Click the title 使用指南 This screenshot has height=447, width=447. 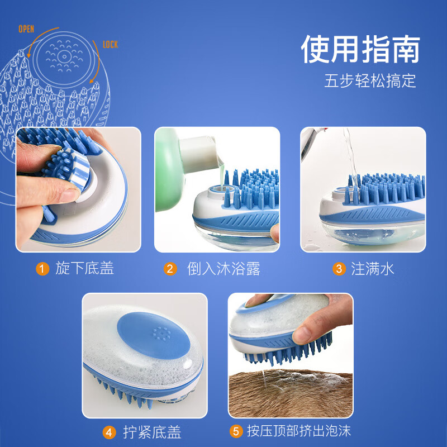(x=360, y=51)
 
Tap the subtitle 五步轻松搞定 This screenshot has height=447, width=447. (x=370, y=81)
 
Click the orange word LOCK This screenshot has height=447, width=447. (x=110, y=44)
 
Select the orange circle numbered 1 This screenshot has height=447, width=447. (x=42, y=269)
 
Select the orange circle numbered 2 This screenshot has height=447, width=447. (x=170, y=269)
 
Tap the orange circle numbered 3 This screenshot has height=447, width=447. (x=339, y=269)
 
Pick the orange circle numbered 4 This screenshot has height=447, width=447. (x=109, y=432)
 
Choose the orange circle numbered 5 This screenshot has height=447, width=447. (x=236, y=431)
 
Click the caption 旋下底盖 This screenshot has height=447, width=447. (x=84, y=269)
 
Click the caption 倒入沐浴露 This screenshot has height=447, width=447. (x=223, y=269)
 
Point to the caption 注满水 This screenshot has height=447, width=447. (x=373, y=269)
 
